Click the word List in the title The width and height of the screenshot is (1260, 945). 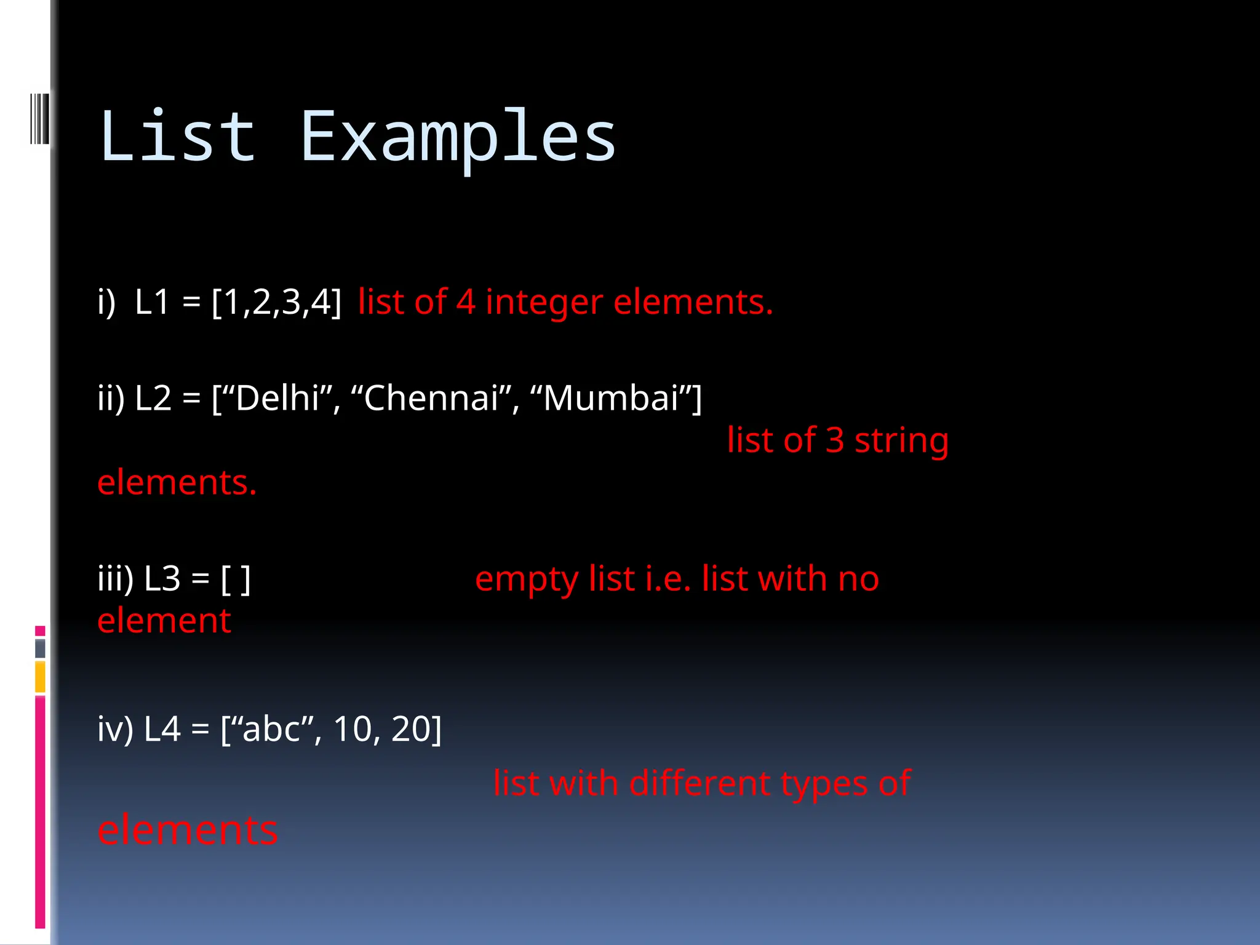177,137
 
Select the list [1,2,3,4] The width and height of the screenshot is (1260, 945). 276,302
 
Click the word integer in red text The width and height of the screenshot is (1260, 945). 544,303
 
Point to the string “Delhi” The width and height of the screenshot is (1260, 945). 276,398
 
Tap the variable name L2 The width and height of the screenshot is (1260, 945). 153,398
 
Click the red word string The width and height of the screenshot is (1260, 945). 901,441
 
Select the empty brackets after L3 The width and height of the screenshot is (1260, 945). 236,579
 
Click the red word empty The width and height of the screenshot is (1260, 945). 527,580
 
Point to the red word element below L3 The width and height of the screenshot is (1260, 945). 164,621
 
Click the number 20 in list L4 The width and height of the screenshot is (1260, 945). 409,729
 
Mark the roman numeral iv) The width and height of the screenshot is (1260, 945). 115,729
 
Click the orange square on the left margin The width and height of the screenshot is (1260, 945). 40,677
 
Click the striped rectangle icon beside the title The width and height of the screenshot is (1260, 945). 39,118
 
